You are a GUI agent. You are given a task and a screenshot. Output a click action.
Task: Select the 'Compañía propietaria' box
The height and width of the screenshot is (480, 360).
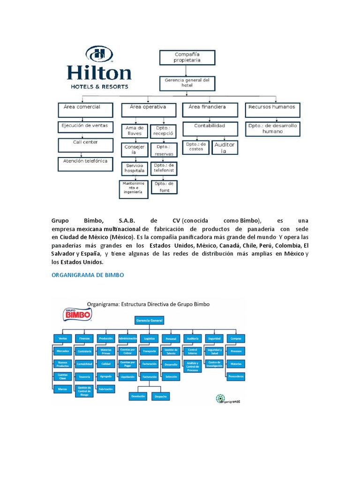[187, 57]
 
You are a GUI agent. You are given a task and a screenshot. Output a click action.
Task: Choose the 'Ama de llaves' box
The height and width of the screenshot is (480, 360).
[134, 130]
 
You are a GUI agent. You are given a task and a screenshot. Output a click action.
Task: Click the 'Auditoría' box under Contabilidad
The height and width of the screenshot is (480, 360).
[224, 148]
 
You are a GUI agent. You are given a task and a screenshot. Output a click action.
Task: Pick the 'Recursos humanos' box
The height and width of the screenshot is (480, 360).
[272, 110]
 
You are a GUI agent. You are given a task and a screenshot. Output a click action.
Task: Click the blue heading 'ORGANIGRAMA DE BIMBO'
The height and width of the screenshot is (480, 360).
[87, 275]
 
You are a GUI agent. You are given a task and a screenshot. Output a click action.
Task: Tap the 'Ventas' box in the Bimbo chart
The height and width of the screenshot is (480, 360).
[63, 338]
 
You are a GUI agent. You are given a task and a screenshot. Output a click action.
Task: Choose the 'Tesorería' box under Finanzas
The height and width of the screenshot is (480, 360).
[84, 376]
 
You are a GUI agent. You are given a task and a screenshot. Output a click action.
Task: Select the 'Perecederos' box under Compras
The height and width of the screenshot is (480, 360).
[236, 376]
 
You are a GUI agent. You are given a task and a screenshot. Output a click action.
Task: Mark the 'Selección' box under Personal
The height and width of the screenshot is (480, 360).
[171, 376]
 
